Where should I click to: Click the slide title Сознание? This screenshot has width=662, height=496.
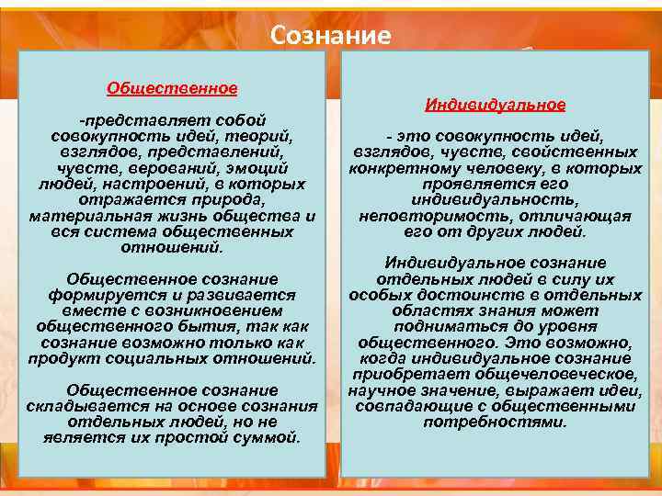(x=331, y=35)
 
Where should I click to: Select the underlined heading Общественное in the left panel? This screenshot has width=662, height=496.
(x=172, y=88)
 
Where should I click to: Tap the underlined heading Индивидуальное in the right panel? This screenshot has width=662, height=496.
(x=495, y=105)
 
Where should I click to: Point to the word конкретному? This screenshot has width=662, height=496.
(x=398, y=169)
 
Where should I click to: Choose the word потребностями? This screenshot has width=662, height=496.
(x=495, y=422)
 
